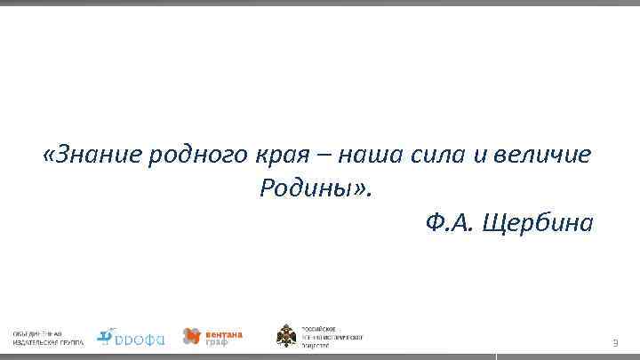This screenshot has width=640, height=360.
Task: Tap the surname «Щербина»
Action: tap(535, 222)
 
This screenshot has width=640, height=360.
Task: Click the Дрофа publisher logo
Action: tap(131, 336)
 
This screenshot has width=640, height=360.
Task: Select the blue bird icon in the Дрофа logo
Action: tap(106, 334)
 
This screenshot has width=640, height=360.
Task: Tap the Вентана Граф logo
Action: tap(212, 336)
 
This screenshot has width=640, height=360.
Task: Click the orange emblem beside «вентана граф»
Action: tap(191, 336)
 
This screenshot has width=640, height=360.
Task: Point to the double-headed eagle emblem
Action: tap(286, 336)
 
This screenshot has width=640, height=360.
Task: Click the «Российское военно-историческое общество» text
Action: tap(332, 336)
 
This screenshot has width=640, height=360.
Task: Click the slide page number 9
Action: tap(613, 343)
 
